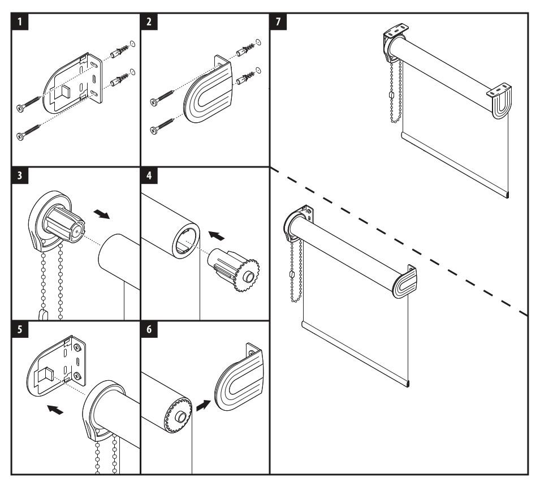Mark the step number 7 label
click(x=278, y=23)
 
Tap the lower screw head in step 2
click(x=153, y=131)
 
